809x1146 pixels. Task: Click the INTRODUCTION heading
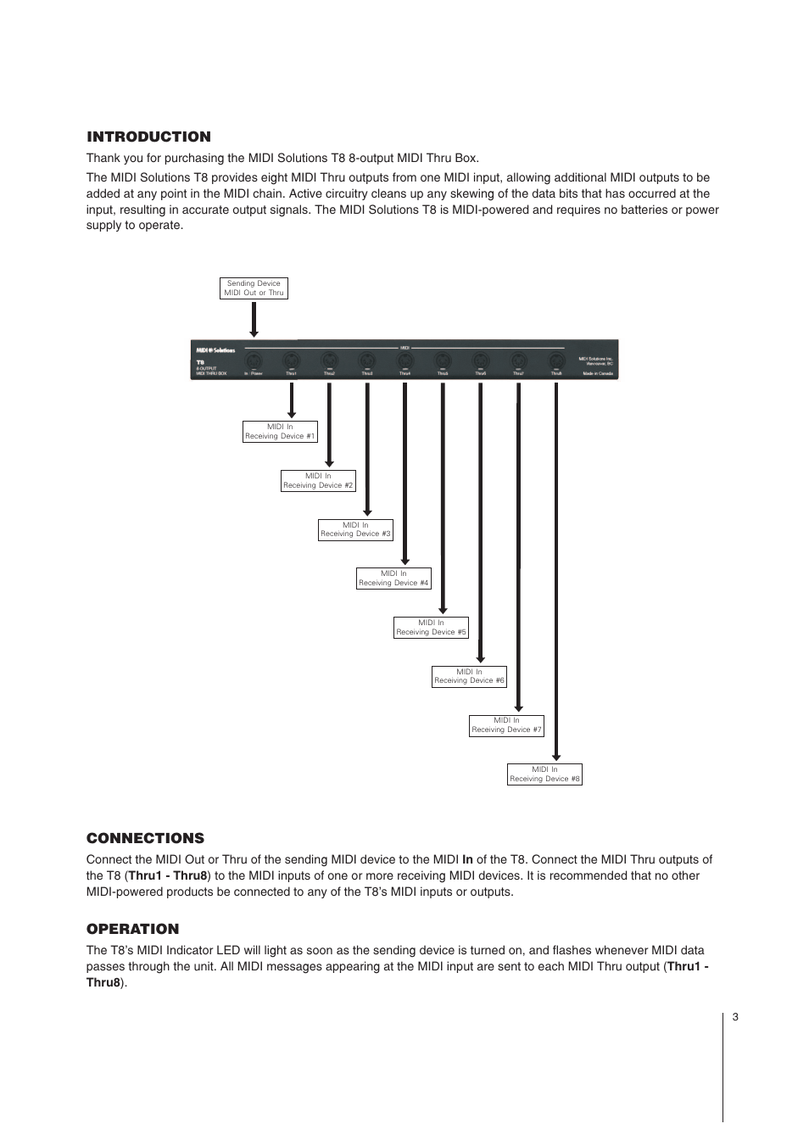[148, 137]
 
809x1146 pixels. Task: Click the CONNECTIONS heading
[145, 838]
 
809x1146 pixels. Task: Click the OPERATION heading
[132, 929]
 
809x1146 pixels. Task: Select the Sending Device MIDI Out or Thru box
[254, 288]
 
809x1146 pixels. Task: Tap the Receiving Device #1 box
[280, 432]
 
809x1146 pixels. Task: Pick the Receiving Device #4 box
[393, 579]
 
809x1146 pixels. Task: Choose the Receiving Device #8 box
[544, 774]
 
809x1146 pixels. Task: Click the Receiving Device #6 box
[469, 676]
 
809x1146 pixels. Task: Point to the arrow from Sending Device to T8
[254, 319]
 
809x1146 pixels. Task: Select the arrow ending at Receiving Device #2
[329, 424]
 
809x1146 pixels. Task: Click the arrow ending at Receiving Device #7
[518, 547]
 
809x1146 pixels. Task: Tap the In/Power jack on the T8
[254, 361]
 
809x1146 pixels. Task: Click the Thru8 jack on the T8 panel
[556, 361]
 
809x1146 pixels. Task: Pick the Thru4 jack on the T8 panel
[405, 361]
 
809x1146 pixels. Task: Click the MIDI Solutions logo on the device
[215, 349]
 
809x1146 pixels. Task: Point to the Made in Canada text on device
[597, 373]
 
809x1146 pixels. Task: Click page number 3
[735, 1017]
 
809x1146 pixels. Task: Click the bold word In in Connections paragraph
[467, 859]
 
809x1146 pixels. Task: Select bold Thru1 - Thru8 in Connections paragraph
[168, 875]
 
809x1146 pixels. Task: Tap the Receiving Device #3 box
[355, 529]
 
